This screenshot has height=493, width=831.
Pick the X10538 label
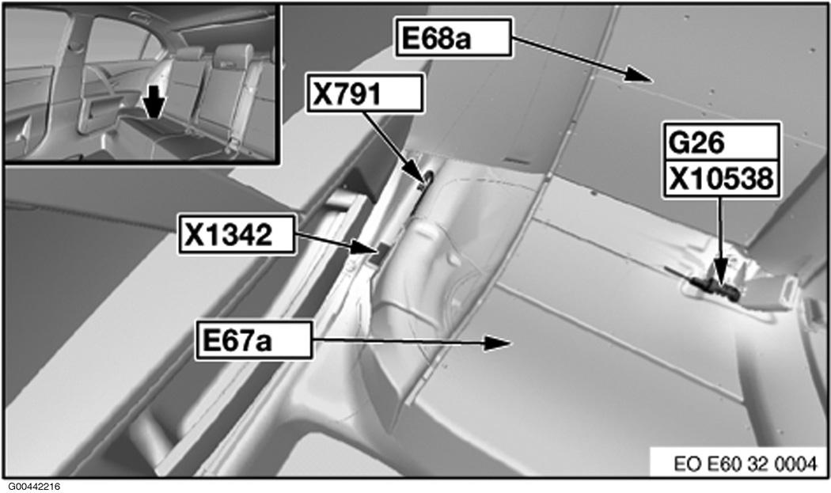coord(719,181)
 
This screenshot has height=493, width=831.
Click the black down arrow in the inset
coord(150,101)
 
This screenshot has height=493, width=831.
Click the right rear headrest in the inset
coord(233,56)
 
